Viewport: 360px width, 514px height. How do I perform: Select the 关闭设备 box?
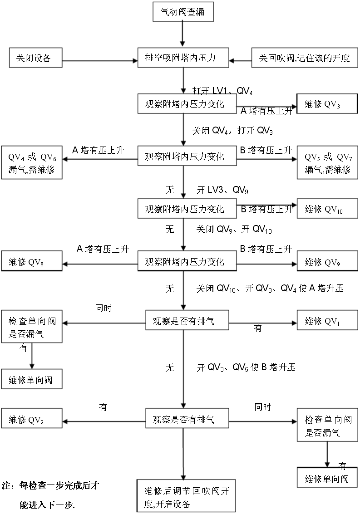[36, 58]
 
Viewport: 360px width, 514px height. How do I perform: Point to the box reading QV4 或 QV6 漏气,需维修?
[32, 162]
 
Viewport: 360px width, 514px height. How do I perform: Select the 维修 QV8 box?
[32, 262]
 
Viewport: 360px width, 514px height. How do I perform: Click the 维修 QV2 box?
[32, 420]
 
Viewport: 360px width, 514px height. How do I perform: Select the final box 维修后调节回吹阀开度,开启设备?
[186, 497]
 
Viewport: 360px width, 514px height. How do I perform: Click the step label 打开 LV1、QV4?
[222, 90]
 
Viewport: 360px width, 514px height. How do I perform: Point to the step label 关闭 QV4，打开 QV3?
[232, 131]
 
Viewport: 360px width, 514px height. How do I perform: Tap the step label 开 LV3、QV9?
[222, 189]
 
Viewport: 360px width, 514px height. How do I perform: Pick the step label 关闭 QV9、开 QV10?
[234, 230]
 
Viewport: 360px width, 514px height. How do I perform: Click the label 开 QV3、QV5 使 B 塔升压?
[246, 367]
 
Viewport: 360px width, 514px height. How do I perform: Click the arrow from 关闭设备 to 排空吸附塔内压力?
[100, 59]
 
